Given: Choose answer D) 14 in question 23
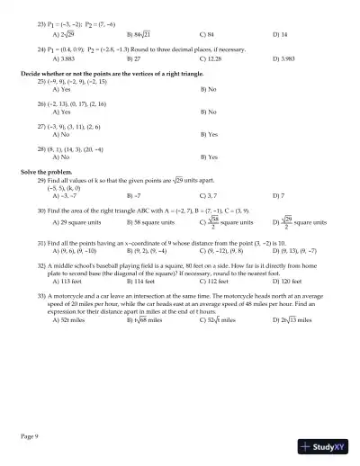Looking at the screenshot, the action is (x=280, y=33).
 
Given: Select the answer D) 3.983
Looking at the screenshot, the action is (x=283, y=58).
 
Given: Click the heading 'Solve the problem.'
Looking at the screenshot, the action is (x=46, y=171).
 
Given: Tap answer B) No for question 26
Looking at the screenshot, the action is (x=209, y=112).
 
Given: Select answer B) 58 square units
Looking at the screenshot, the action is (x=150, y=220).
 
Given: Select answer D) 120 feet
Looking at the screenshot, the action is (x=288, y=280).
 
